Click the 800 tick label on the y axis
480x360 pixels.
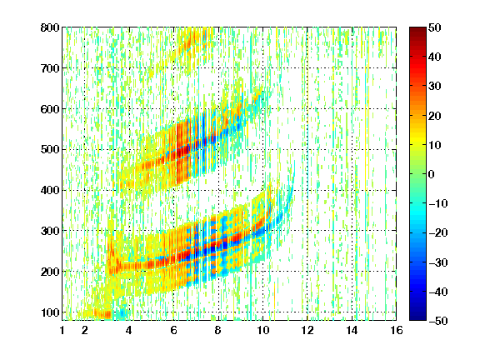pos(50,27)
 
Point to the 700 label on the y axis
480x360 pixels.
pos(50,68)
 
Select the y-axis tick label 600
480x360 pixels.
pos(50,109)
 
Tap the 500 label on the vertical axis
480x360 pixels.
pos(50,150)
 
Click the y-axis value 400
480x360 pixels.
pos(50,190)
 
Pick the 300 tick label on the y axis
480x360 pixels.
pos(50,231)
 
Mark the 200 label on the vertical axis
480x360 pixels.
pos(50,272)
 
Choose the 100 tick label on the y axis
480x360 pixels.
pos(50,312)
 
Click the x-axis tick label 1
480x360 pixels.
pos(62,330)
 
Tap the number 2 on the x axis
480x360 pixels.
pos(85,330)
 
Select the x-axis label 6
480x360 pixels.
pos(173,330)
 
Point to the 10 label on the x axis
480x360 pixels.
pos(262,330)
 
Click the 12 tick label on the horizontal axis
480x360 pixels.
pos(307,330)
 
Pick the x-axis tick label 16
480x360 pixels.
pos(397,330)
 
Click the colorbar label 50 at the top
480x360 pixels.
pos(434,27)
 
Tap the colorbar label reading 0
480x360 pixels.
pos(432,174)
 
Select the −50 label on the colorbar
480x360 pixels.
pos(438,321)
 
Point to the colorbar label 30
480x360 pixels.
pos(434,87)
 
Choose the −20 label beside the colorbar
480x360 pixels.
pos(438,233)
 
